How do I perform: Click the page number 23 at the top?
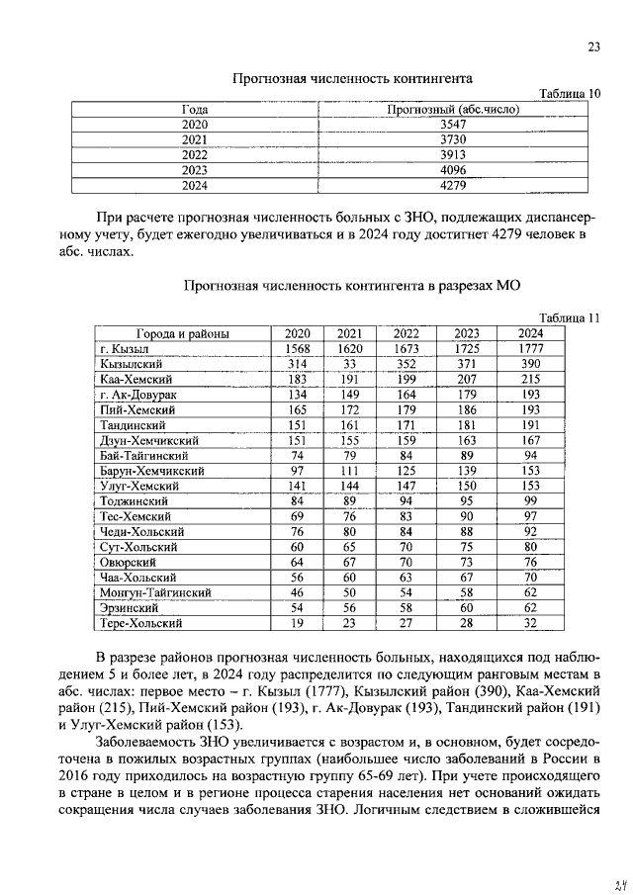[593, 46]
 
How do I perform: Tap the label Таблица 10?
[569, 93]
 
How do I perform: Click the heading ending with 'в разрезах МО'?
[351, 286]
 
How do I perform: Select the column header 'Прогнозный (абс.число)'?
[452, 109]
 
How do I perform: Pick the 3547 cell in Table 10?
[452, 125]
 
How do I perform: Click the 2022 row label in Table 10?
[195, 154]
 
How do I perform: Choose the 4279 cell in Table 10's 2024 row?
[452, 184]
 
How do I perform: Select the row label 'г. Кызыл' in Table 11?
[124, 349]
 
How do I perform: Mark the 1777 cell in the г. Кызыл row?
[530, 349]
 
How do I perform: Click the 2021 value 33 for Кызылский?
[349, 364]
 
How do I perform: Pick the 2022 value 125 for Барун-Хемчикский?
[406, 471]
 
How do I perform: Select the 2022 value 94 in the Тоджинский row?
[406, 501]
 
